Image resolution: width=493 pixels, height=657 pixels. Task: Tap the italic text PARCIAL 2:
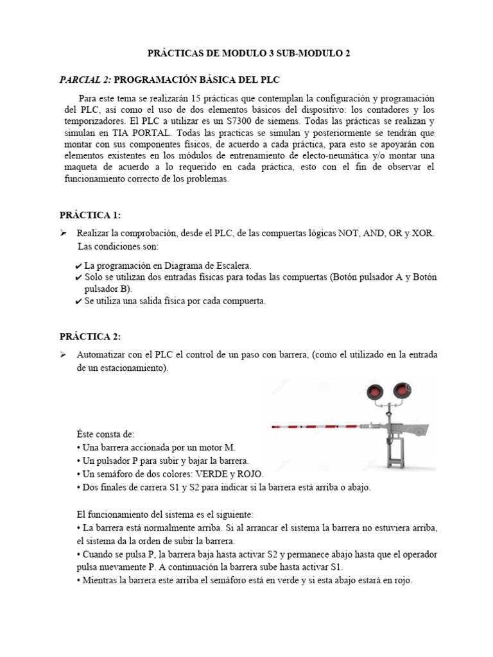point(85,78)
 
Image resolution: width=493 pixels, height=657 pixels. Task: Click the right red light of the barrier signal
point(403,389)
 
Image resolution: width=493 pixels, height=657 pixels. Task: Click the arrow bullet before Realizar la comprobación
point(64,234)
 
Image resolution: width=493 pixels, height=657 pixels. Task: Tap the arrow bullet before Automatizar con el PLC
point(64,355)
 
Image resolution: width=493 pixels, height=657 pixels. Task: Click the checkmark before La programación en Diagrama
point(78,266)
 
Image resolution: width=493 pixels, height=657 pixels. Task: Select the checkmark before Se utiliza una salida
point(78,301)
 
